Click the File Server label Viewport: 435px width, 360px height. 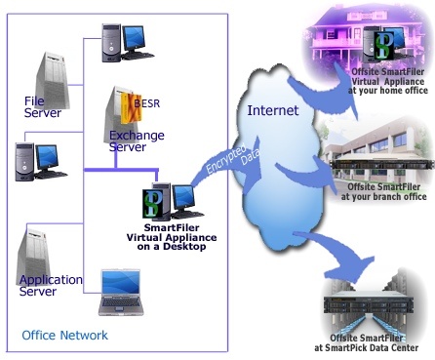coord(43,106)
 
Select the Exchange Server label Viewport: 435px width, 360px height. coord(137,140)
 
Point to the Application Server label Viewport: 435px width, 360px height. coord(51,285)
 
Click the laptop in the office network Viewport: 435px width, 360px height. coord(125,293)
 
